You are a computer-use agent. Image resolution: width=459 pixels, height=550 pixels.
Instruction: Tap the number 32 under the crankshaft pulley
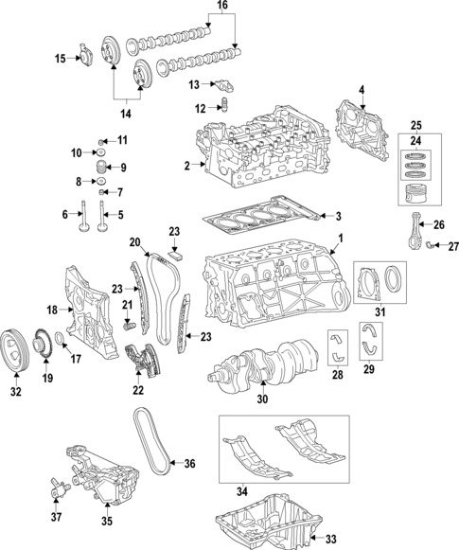coord(15,389)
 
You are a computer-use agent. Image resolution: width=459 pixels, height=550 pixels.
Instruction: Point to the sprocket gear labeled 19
coord(42,342)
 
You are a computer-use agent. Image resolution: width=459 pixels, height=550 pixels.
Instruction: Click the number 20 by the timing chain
coord(134,241)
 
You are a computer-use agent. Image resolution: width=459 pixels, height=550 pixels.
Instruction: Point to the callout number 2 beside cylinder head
coord(187,167)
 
